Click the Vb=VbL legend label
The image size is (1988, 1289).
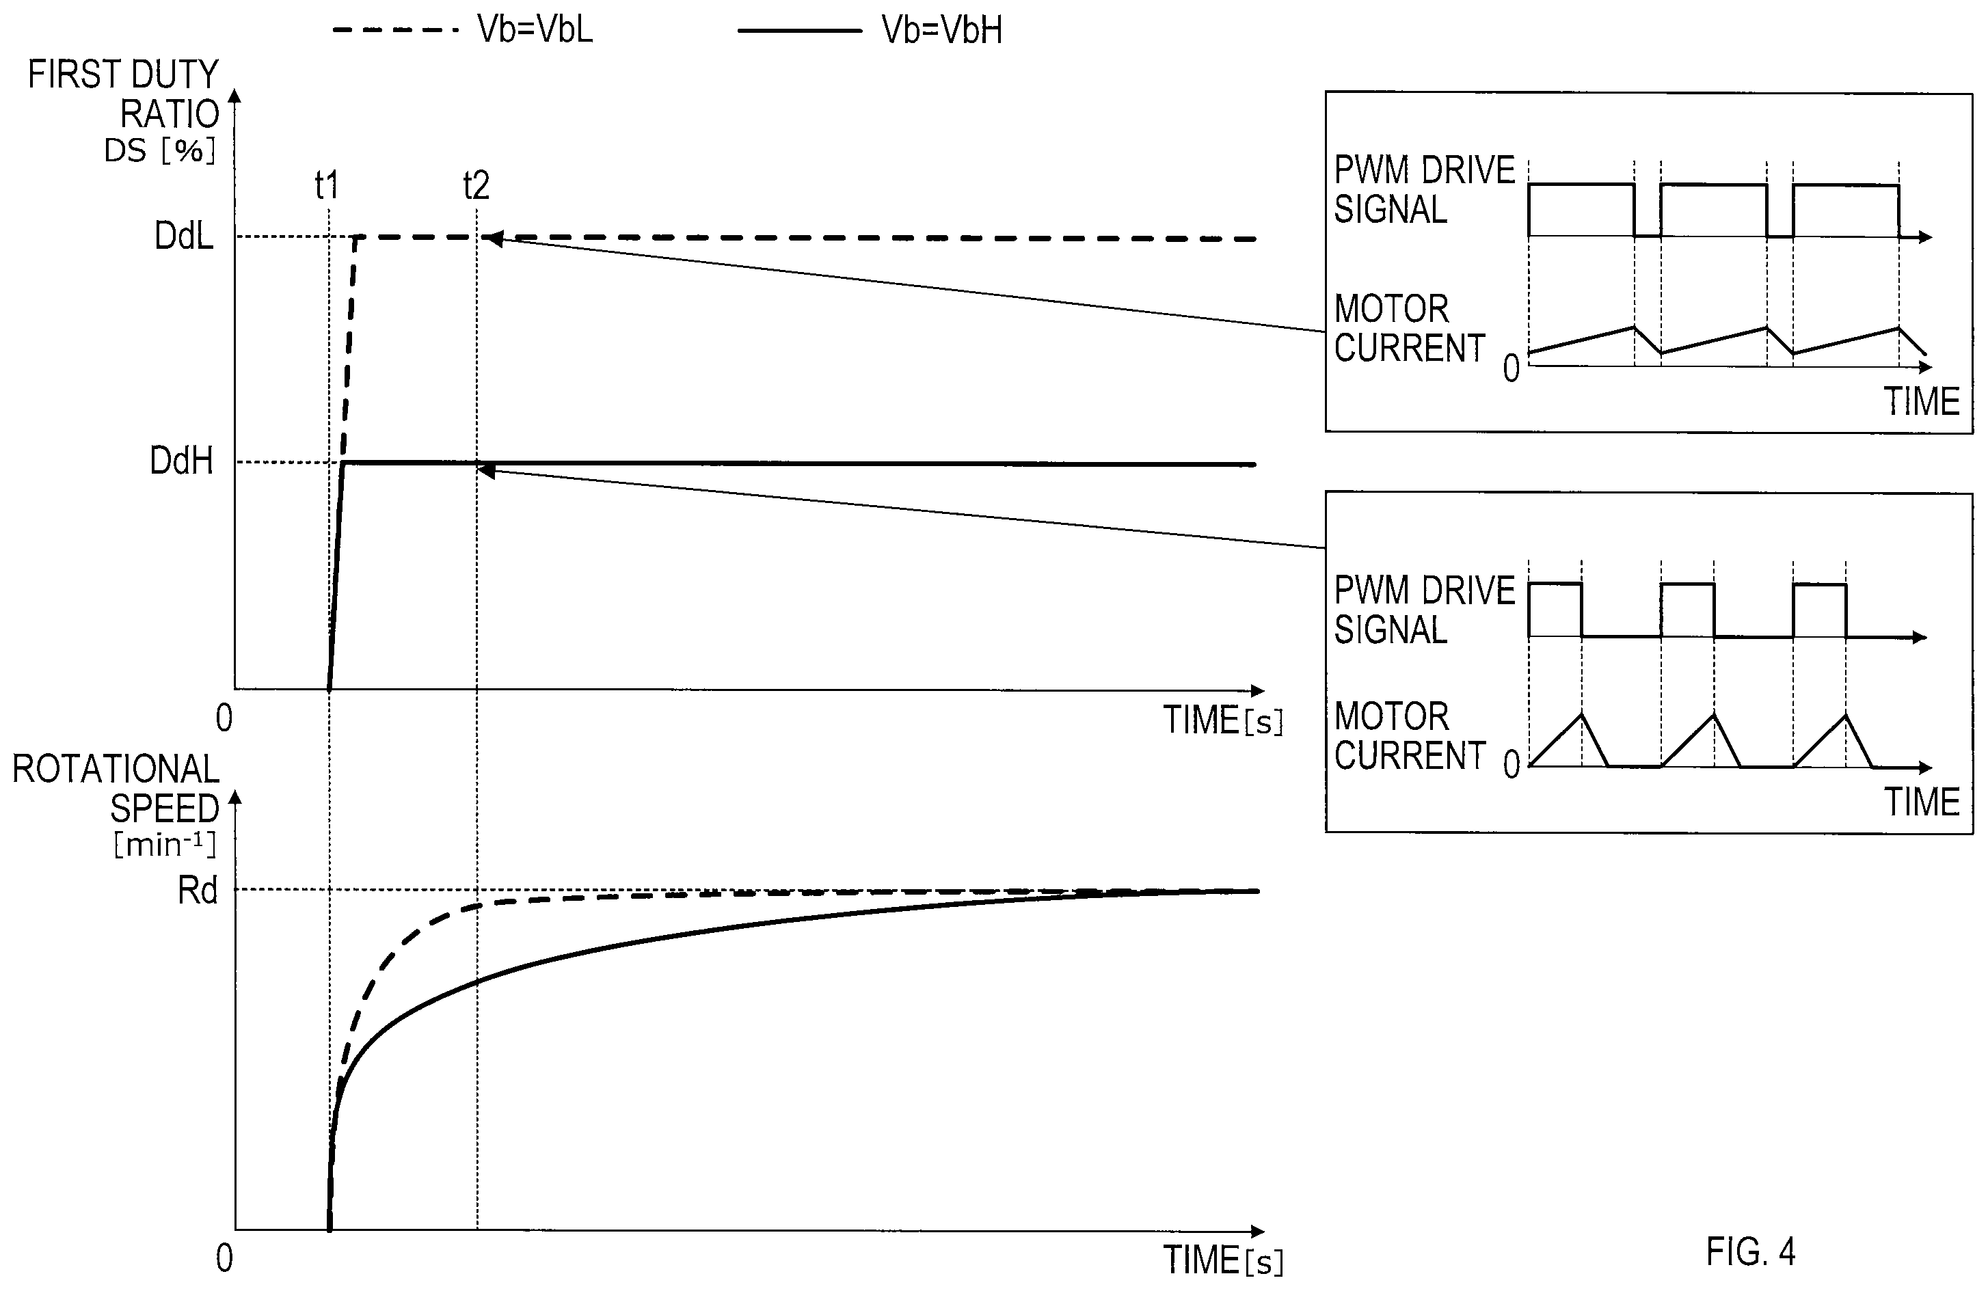click(535, 29)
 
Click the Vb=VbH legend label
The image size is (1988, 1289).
click(941, 30)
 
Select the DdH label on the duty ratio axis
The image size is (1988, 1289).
click(181, 460)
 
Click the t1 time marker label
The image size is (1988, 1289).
click(327, 185)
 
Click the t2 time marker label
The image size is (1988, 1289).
click(476, 185)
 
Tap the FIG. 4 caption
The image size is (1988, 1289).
click(1750, 1251)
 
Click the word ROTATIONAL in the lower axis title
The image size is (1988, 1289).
click(116, 769)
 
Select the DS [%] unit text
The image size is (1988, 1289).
click(159, 150)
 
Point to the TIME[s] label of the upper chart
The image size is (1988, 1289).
click(1224, 720)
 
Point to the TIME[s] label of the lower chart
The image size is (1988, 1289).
click(1224, 1260)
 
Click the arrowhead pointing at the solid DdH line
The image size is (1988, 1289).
click(485, 471)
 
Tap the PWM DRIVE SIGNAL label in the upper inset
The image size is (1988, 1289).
click(1423, 189)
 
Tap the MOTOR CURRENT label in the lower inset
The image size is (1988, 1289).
click(1409, 735)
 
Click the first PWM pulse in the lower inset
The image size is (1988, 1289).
click(1555, 610)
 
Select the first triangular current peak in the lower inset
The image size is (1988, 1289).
click(1581, 715)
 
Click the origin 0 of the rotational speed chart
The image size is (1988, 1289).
click(224, 1258)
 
